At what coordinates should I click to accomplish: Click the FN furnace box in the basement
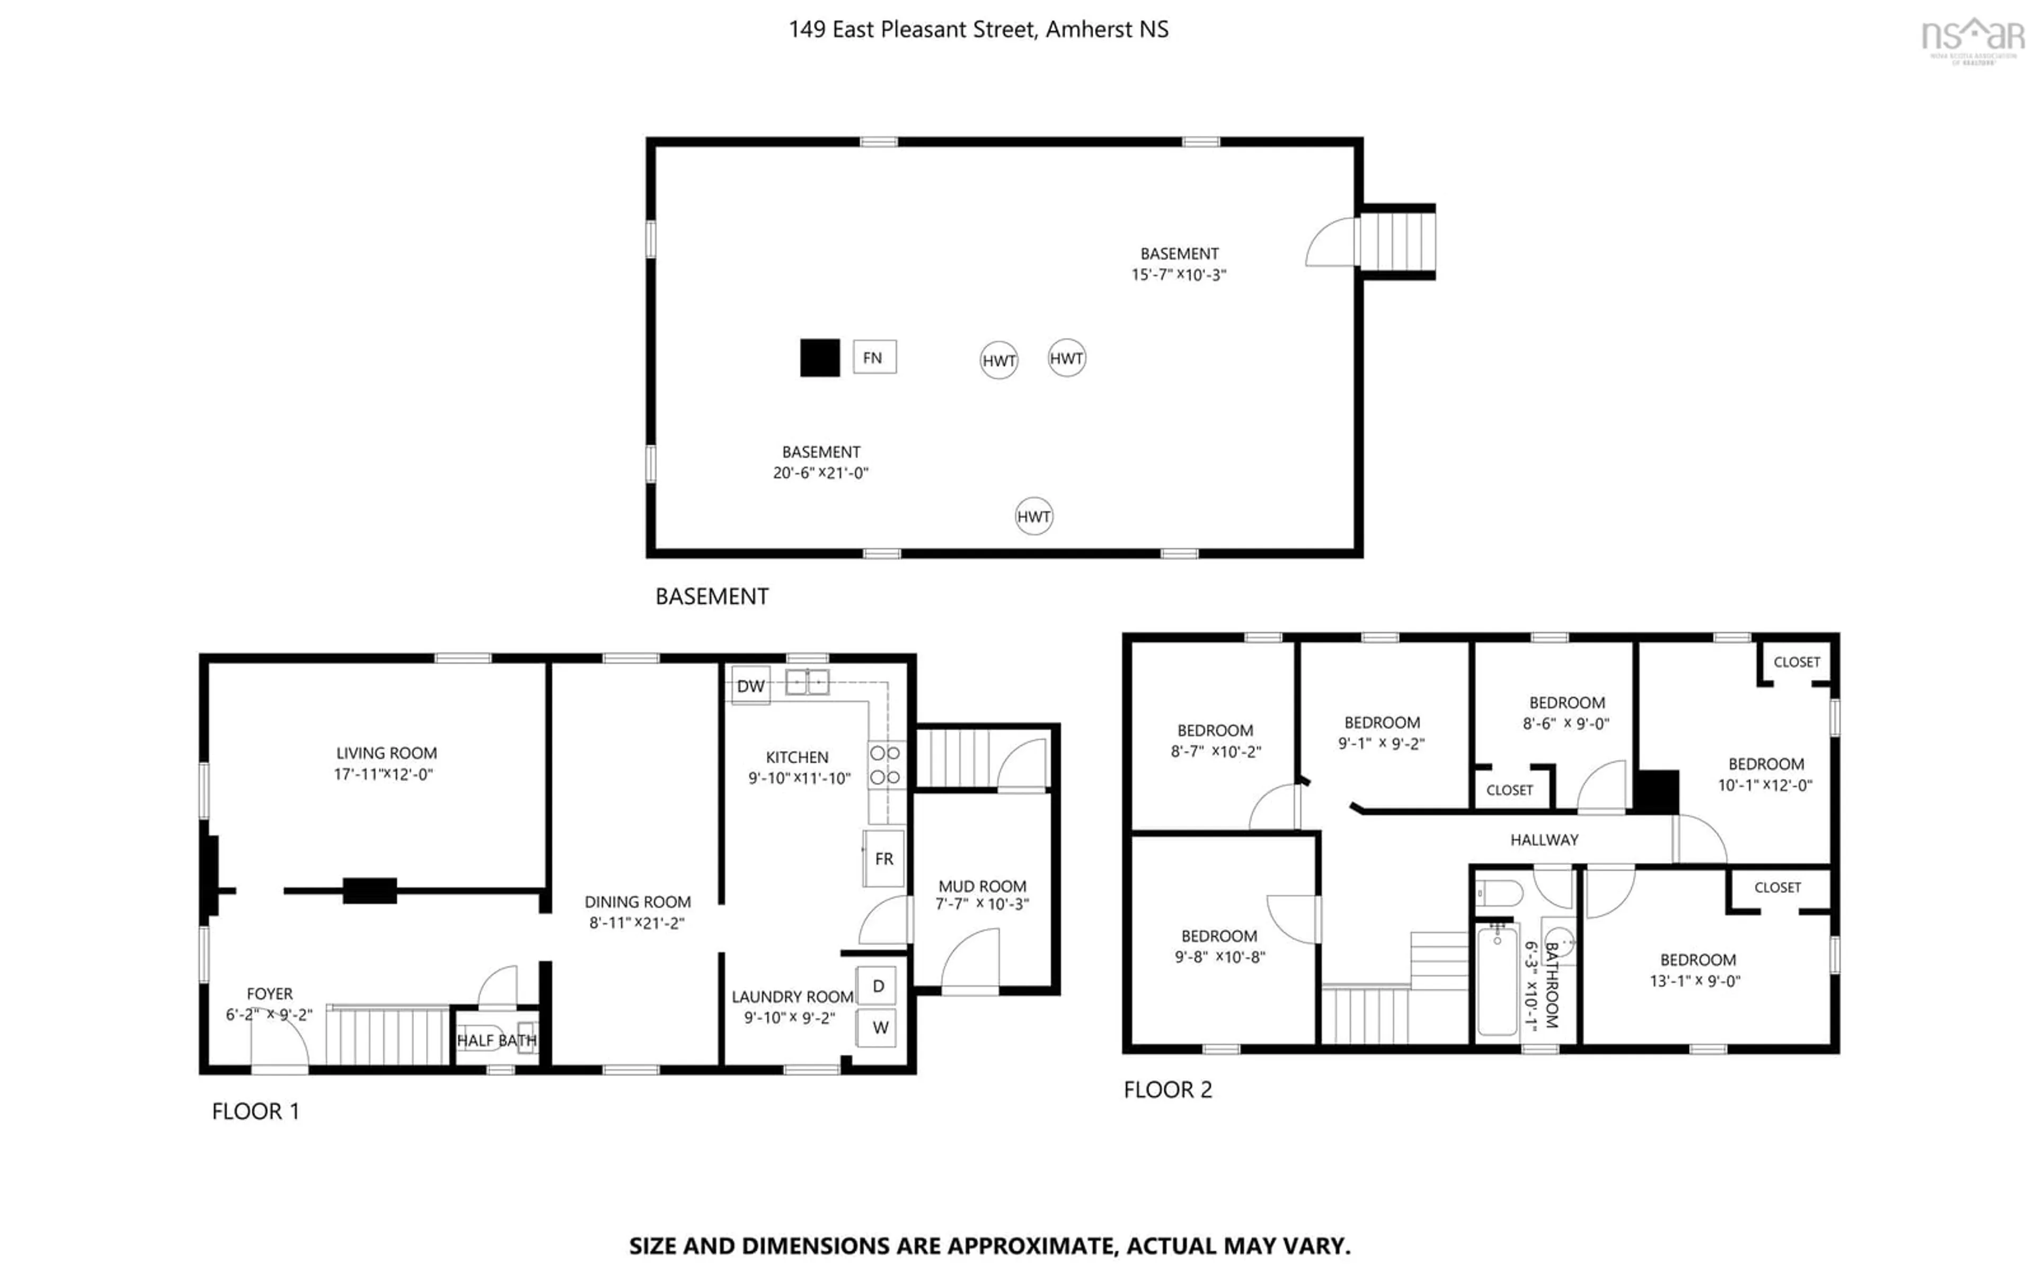point(874,357)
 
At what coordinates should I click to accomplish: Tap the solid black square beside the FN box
point(819,358)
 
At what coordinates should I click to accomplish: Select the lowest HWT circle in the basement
point(1033,516)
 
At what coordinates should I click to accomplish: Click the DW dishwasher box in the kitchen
point(750,685)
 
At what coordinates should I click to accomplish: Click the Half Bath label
point(497,1040)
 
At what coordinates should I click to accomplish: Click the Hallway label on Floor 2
point(1544,839)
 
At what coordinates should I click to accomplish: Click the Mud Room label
point(982,886)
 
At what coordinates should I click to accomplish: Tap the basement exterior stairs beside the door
point(1397,241)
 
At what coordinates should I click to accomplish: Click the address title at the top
point(978,30)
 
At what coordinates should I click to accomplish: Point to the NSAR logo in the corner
point(1972,38)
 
